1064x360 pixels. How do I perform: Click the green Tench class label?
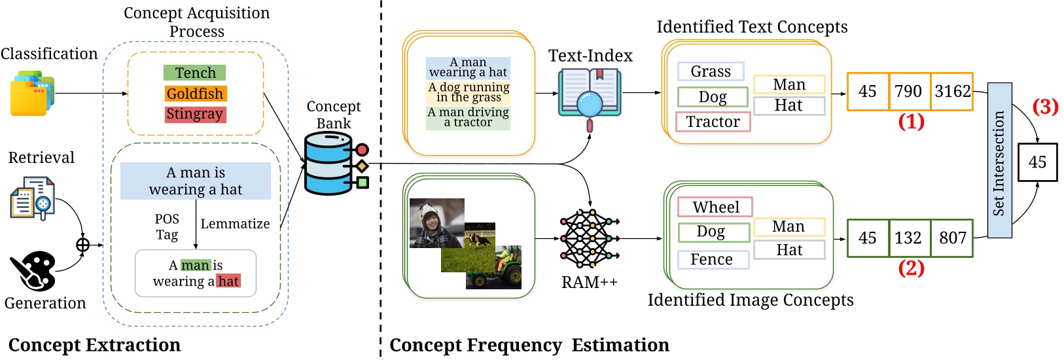coord(194,73)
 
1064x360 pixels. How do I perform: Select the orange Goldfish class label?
coord(195,94)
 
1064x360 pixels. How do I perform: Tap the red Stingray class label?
coord(194,114)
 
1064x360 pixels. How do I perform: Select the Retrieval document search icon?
coord(32,198)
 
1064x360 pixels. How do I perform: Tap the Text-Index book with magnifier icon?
coord(589,97)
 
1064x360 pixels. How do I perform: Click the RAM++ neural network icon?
coord(589,239)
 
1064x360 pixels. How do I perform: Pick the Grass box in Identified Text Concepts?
coord(710,71)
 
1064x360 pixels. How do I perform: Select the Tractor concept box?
coord(713,122)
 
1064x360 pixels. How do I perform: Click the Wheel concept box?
coord(715,207)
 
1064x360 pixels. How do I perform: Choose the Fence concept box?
coord(712,259)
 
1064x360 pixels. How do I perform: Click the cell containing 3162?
coord(952,91)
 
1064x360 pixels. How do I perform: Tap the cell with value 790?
coord(909,91)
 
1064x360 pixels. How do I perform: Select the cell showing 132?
coord(909,238)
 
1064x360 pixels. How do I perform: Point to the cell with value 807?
coord(952,238)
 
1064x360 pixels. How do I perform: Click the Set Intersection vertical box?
coord(999,160)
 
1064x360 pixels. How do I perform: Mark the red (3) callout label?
coord(1044,107)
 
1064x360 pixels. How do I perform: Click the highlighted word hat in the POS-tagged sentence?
coord(228,281)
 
